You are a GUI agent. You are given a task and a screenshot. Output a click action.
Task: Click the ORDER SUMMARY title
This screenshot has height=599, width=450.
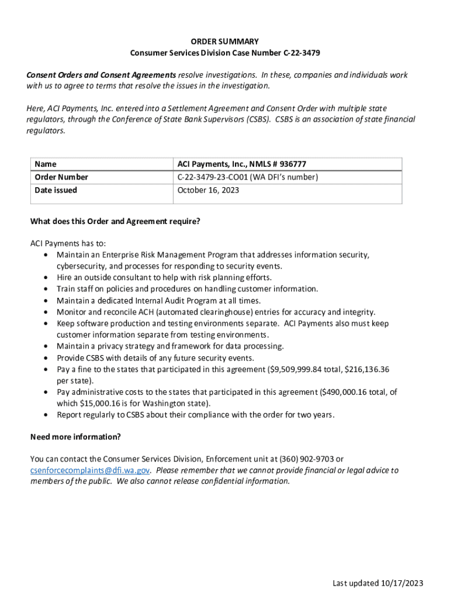coord(225,42)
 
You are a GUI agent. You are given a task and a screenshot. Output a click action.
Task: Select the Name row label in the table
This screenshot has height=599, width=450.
coord(46,164)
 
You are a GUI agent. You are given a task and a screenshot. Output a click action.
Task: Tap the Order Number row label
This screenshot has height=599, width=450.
coord(61,177)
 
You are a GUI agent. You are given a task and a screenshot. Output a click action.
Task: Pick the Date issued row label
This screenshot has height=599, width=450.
coord(56,190)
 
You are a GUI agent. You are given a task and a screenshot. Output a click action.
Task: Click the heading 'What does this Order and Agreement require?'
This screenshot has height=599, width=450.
coord(115,222)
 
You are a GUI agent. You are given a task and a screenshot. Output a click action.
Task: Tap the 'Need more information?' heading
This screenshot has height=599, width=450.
coord(75,437)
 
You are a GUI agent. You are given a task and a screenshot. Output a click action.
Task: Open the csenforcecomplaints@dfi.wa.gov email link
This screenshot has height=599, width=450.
coord(90,470)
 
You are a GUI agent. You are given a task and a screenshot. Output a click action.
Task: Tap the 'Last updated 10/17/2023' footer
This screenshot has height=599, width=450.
coord(378,583)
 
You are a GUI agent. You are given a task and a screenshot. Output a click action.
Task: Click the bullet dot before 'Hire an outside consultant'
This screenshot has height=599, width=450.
coord(46,278)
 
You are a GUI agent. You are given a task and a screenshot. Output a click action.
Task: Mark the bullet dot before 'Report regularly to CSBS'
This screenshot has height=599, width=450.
coord(46,415)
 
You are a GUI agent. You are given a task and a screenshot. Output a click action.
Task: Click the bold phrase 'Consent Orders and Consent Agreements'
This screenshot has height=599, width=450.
coord(101,75)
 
